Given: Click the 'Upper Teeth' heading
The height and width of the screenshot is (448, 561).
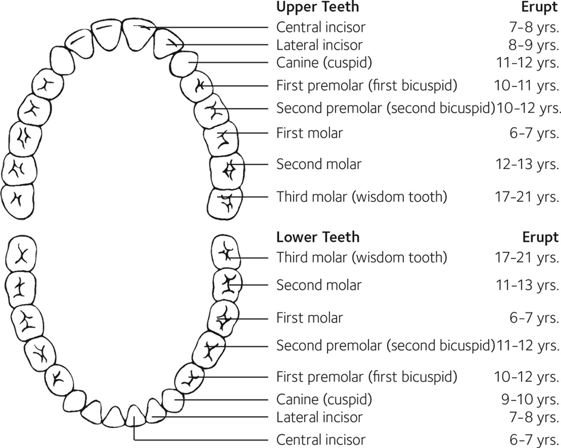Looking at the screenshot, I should [317, 7].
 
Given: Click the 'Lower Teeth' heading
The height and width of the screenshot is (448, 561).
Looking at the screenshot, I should [317, 237].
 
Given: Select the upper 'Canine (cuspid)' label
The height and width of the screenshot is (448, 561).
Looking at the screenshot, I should [324, 63].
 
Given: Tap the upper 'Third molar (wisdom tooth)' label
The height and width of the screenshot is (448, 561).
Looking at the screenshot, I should [362, 197].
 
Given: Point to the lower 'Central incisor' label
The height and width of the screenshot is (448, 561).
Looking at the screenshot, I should [320, 439].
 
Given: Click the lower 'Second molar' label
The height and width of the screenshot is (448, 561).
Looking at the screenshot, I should [319, 285].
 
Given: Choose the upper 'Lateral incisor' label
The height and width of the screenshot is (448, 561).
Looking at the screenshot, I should [320, 45].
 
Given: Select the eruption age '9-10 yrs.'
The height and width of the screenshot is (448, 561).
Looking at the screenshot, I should [530, 400].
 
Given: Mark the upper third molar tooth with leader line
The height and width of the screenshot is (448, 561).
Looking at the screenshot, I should [224, 203].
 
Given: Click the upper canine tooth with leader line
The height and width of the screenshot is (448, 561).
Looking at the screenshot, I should [185, 64].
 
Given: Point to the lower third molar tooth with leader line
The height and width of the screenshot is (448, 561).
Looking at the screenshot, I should [226, 252].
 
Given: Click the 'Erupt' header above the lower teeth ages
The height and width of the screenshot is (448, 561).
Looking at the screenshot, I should [540, 237].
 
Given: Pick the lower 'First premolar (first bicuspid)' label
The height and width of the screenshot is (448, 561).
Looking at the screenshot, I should [366, 377].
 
